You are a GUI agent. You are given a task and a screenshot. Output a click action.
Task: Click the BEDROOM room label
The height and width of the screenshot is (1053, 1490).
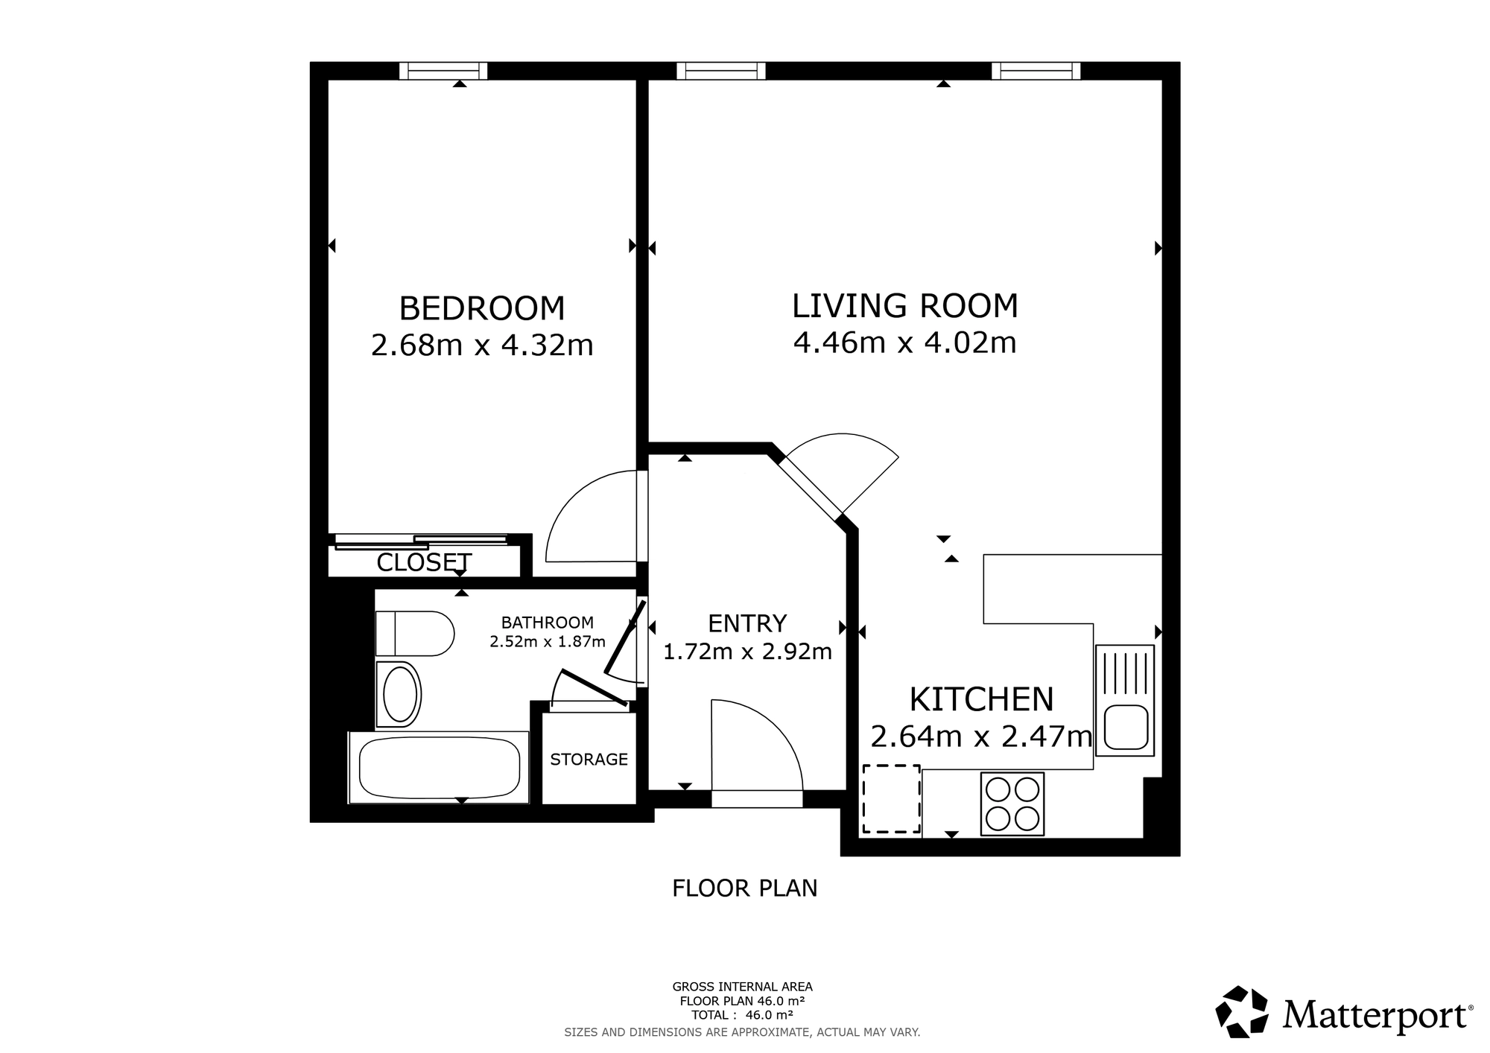(482, 308)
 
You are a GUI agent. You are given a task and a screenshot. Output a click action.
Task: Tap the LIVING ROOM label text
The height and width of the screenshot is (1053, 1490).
(904, 306)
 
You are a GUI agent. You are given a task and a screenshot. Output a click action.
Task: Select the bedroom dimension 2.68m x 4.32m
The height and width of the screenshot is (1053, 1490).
(482, 346)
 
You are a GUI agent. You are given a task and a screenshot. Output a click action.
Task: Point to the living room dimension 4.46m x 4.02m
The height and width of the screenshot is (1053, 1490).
(904, 343)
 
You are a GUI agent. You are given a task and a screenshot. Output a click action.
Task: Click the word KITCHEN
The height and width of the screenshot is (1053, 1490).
(981, 699)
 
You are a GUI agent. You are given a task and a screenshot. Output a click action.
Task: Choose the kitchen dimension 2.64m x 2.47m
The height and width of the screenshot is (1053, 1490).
(981, 737)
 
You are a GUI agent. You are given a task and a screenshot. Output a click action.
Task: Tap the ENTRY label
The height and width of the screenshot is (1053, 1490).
(747, 623)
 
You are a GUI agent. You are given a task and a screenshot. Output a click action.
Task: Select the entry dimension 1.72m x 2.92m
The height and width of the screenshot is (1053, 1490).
(747, 652)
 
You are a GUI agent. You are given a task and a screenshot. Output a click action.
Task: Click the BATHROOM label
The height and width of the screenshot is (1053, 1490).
(548, 623)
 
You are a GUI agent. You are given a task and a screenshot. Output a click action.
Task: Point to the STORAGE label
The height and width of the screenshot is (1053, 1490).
(589, 760)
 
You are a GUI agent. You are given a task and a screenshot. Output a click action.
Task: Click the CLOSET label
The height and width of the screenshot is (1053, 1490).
(424, 563)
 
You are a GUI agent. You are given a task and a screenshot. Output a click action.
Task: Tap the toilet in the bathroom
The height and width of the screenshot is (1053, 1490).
(415, 634)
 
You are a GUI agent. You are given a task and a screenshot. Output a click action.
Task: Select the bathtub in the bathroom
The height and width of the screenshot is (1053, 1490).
(439, 767)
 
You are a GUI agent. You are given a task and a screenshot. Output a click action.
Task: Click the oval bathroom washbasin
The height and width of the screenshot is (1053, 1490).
(399, 694)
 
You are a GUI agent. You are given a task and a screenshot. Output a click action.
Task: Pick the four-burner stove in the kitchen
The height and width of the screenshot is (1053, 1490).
(1012, 804)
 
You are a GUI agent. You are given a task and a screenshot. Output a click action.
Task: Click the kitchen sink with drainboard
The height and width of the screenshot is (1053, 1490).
(1125, 700)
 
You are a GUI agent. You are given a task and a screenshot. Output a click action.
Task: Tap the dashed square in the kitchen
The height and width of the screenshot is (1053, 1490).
(891, 799)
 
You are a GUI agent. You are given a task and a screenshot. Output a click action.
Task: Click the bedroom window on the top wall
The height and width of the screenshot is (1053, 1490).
(443, 71)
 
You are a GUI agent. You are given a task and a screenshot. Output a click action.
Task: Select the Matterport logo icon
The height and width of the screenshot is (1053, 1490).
(1242, 1012)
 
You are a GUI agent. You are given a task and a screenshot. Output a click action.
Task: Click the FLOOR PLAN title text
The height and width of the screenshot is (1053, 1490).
(745, 888)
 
